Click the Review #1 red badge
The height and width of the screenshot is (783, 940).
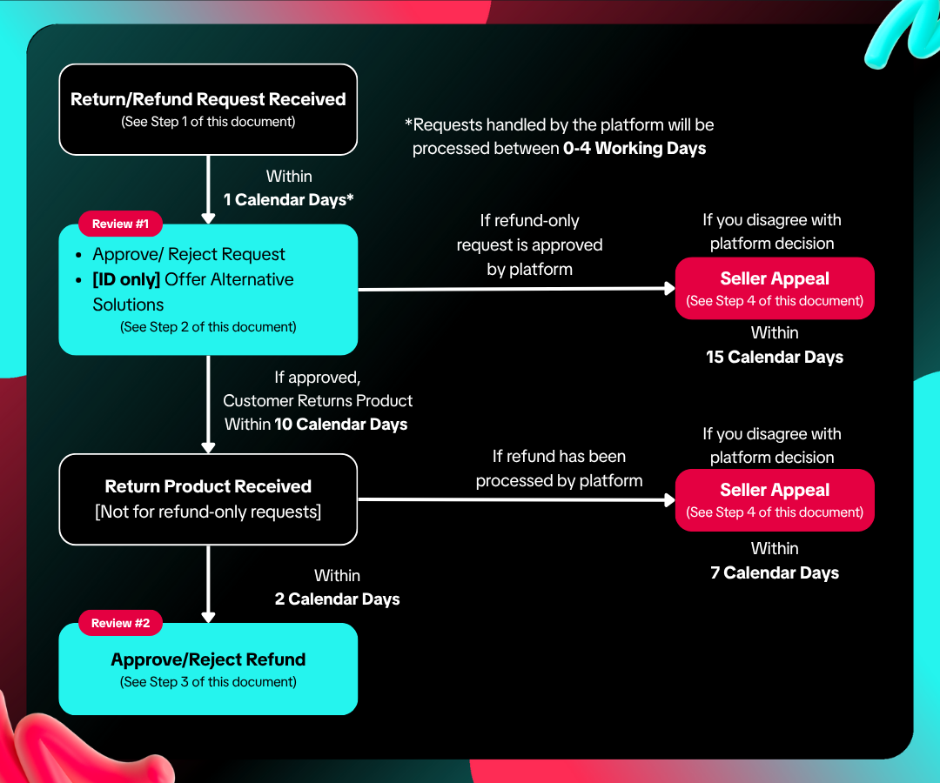click(120, 224)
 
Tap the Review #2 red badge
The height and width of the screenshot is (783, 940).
click(120, 623)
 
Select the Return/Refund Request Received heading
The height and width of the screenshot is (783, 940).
click(208, 99)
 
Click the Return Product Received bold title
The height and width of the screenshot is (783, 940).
click(208, 485)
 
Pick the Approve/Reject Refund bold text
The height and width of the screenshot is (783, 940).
click(208, 659)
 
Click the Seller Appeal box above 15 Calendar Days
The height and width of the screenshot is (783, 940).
click(775, 288)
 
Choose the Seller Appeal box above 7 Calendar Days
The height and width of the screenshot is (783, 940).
click(775, 500)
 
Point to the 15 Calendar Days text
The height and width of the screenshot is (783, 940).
click(775, 357)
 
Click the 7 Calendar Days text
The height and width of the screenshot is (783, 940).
click(775, 572)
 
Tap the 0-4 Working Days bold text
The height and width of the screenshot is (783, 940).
click(634, 148)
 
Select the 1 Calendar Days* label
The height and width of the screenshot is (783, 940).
click(288, 199)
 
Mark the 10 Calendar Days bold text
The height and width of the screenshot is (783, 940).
click(340, 425)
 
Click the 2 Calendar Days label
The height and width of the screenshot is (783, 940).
click(337, 599)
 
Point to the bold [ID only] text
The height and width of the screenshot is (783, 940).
click(126, 280)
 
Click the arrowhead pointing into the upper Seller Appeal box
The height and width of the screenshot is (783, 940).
click(669, 289)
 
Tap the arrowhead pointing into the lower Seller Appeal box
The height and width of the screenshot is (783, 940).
click(669, 499)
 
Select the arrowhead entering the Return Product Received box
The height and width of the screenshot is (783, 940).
click(208, 447)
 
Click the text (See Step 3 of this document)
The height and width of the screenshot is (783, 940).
click(208, 682)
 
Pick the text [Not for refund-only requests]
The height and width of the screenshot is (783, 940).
click(208, 512)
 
